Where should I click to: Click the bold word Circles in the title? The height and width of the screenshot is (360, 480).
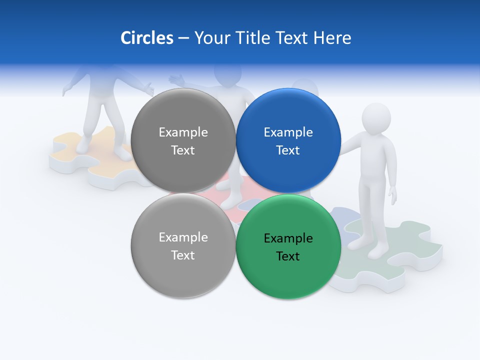coord(147,38)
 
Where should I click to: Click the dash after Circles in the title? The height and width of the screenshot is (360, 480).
coord(183,38)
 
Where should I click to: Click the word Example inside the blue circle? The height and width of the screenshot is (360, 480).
coord(288,132)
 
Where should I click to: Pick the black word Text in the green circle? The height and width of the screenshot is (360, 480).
coord(288,256)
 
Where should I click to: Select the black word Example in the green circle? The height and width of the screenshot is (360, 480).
coord(288,238)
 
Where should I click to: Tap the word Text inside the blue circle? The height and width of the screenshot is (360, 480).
coord(288,150)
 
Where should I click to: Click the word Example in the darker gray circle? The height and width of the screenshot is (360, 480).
coord(183,132)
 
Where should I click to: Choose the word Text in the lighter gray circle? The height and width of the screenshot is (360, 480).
coord(183,255)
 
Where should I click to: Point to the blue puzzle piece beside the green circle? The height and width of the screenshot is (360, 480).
coord(348,220)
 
